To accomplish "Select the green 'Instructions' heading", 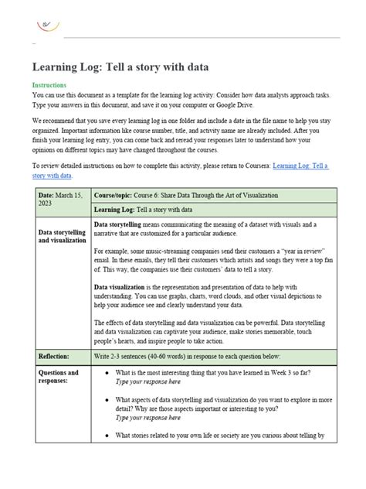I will point(49,85).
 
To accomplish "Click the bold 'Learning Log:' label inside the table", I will point(114,210).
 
